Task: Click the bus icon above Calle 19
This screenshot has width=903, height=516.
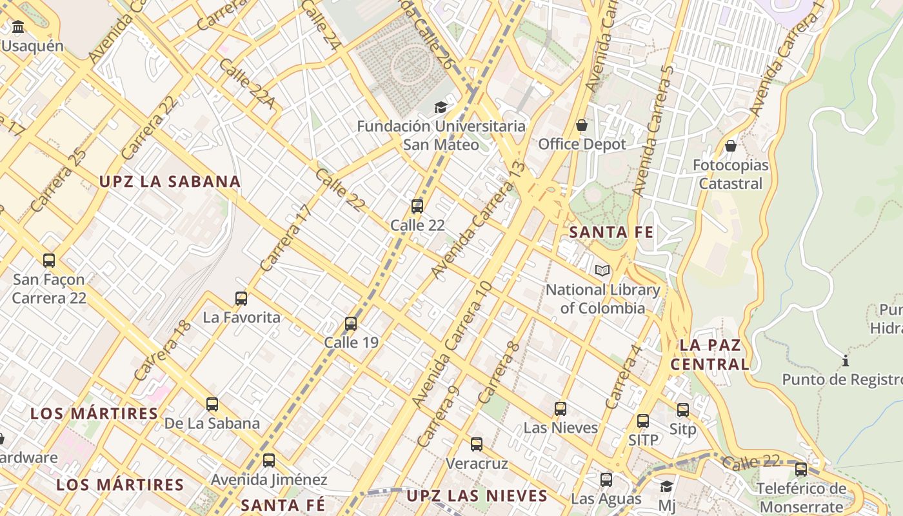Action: (x=351, y=323)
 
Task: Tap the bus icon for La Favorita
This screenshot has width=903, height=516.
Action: (x=241, y=298)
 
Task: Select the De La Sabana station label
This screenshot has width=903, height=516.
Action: (x=212, y=423)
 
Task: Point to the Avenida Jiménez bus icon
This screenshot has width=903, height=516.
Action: (x=269, y=461)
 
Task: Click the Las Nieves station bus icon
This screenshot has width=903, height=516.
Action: (x=561, y=408)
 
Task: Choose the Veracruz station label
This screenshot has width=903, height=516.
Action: (x=477, y=463)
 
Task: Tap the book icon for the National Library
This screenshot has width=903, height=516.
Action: (x=602, y=271)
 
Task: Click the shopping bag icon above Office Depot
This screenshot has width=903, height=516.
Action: (x=582, y=124)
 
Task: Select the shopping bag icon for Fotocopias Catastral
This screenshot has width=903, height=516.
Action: (x=731, y=146)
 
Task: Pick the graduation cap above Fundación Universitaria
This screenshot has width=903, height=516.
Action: (x=441, y=107)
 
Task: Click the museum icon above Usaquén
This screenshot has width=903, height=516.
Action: (x=18, y=27)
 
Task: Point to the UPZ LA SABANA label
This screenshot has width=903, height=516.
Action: (x=170, y=182)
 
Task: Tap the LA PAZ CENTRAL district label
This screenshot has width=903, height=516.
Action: (x=710, y=354)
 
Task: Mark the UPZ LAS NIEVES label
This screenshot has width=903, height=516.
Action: (x=477, y=496)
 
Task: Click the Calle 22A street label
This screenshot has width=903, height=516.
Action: (x=247, y=84)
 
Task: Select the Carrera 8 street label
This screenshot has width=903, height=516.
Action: (x=499, y=373)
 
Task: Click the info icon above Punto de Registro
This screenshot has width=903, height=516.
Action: (x=846, y=360)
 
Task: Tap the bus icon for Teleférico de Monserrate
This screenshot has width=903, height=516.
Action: (x=801, y=469)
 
